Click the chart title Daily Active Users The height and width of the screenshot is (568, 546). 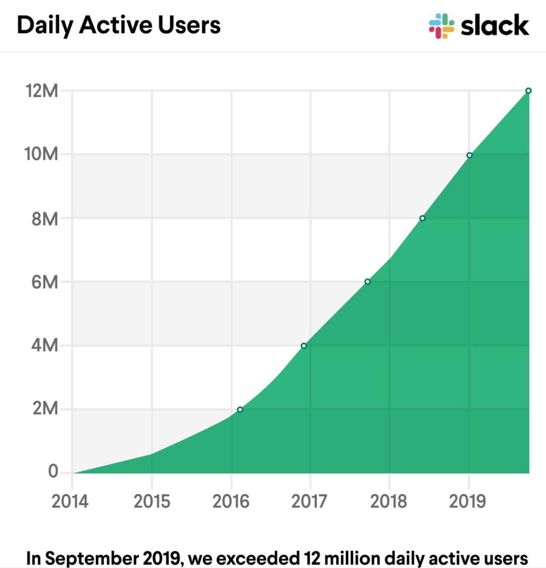coord(119,25)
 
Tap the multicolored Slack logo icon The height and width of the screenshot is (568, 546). coord(441,26)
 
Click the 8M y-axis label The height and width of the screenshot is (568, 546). coord(44,219)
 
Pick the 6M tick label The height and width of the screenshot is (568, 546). coord(44,282)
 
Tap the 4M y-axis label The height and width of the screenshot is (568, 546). coord(44,346)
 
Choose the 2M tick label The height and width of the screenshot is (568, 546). coord(45,409)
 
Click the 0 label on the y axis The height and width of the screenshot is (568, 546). coord(53,472)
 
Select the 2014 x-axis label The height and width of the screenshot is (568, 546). coord(70,501)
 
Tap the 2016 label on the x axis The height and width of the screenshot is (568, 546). coord(231,501)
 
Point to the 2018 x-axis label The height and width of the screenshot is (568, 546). coord(388,501)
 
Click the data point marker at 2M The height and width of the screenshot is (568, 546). coord(240,410)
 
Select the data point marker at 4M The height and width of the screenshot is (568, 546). coord(304,346)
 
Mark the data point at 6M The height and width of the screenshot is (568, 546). coord(368,282)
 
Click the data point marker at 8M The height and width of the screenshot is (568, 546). coord(423,219)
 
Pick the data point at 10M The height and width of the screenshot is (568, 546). coord(470,155)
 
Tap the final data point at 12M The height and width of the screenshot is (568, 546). coord(528,91)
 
